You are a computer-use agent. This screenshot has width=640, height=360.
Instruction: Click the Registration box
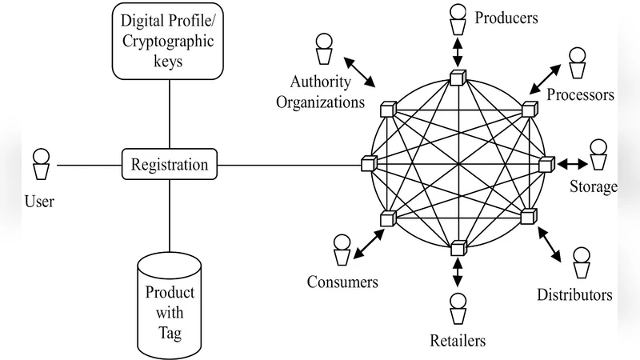click(x=170, y=166)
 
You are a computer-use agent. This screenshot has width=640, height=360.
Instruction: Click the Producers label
click(x=506, y=17)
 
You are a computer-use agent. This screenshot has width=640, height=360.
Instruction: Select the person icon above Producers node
click(x=458, y=21)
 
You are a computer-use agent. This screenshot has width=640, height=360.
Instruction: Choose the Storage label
click(x=593, y=188)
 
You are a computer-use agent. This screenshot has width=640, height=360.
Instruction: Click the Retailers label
click(x=458, y=342)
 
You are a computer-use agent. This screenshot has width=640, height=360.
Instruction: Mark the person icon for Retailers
click(x=458, y=307)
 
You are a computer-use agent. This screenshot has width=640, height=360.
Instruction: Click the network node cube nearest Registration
click(x=367, y=163)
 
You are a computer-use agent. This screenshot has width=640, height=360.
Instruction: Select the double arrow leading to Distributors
click(x=553, y=243)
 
